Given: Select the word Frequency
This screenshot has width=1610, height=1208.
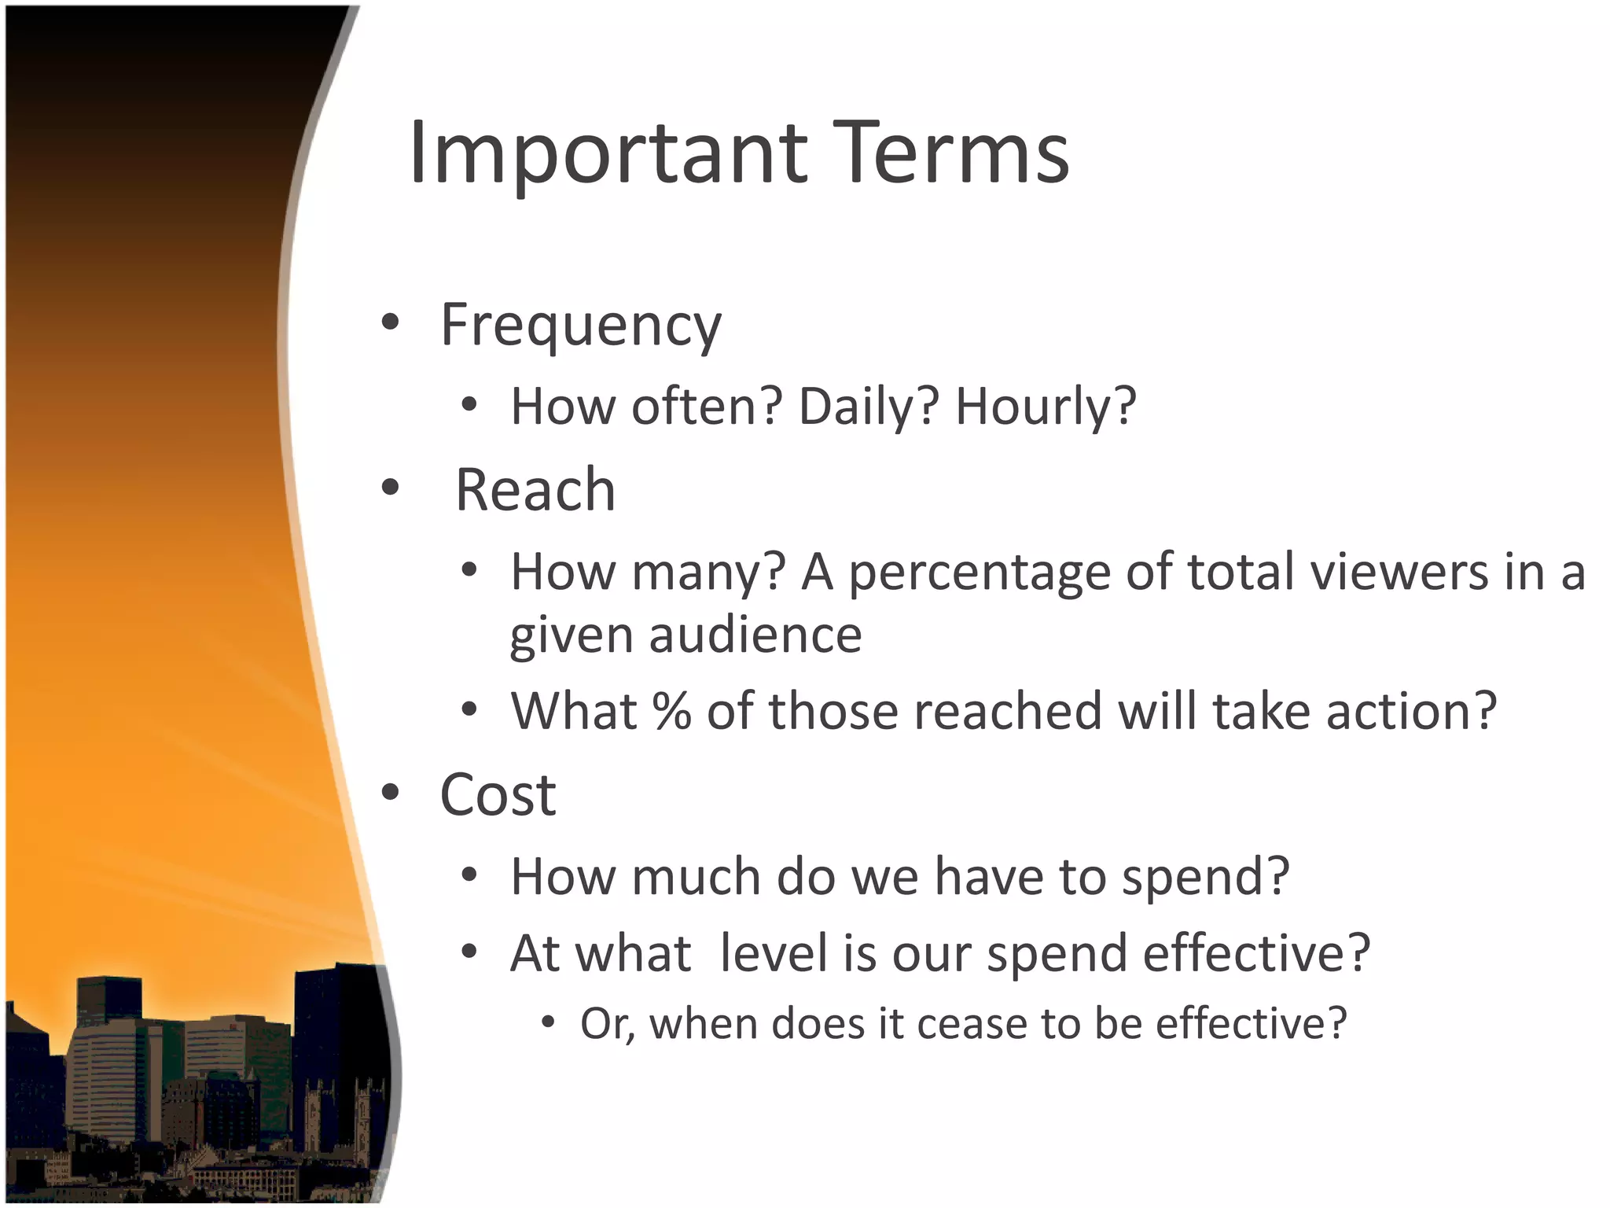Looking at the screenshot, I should [x=580, y=325].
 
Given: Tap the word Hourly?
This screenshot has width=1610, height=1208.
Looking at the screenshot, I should [x=1046, y=407].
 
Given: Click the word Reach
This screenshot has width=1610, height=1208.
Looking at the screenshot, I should [x=535, y=490].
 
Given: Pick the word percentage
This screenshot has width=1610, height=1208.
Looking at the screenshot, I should [x=979, y=573].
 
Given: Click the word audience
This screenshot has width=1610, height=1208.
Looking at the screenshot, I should [x=755, y=635].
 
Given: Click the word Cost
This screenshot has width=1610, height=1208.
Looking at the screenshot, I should [x=498, y=795].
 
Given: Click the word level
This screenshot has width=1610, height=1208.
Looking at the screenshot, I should [x=773, y=953].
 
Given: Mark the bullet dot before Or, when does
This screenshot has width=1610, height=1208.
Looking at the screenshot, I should [x=548, y=1022].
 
